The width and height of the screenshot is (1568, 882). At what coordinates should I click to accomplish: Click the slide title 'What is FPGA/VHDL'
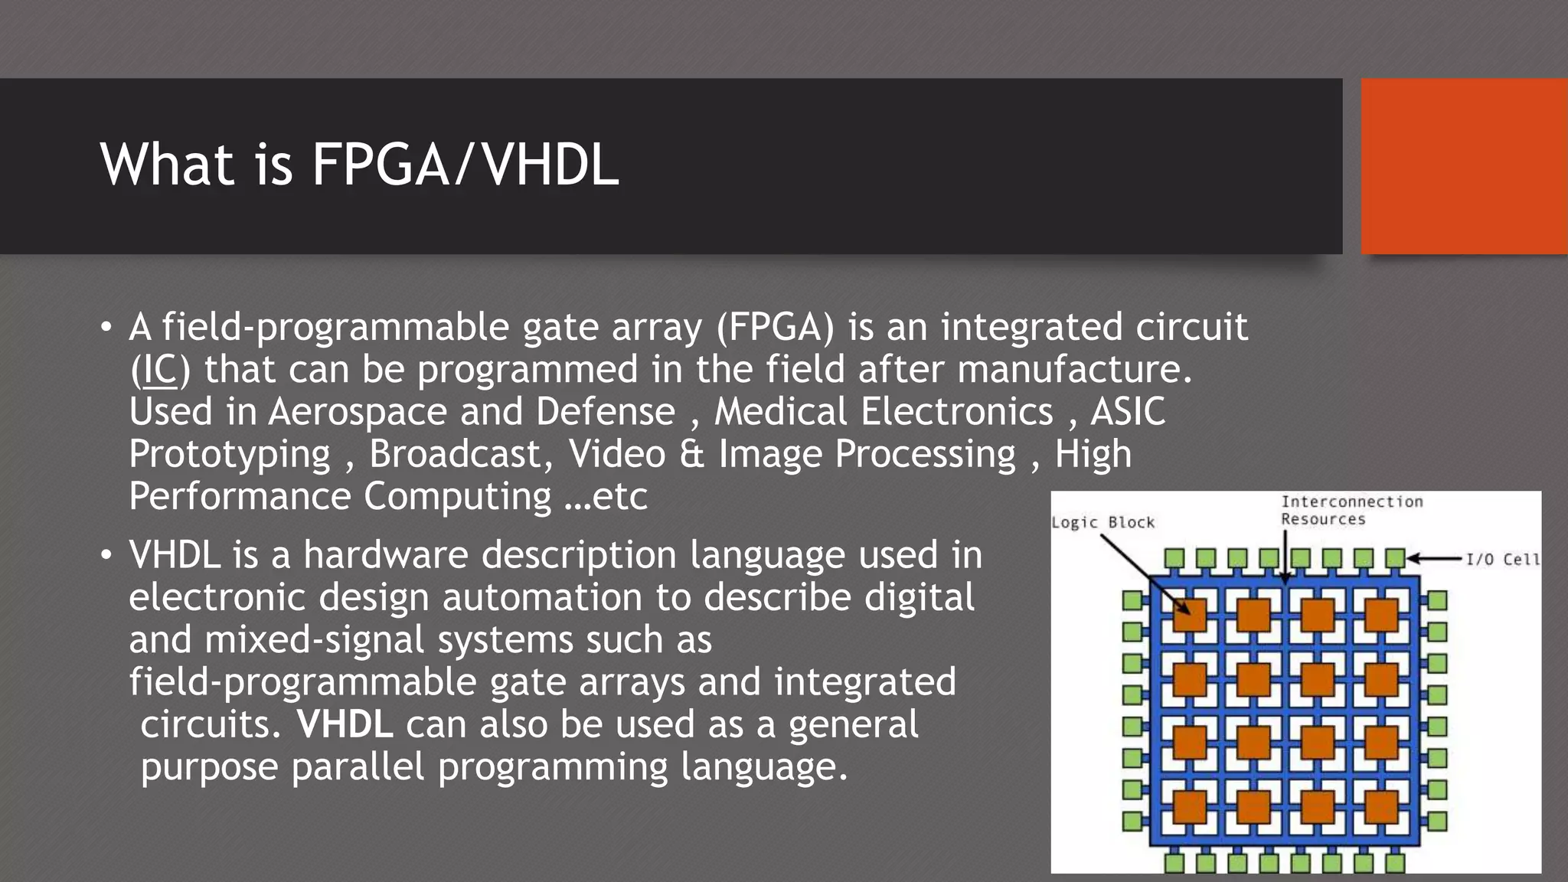[x=359, y=165]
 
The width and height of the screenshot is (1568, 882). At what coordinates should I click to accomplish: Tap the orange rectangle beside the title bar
[x=1464, y=166]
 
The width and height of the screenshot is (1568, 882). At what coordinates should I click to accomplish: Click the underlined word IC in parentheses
[x=160, y=370]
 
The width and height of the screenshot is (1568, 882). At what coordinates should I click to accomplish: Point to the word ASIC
[x=1128, y=412]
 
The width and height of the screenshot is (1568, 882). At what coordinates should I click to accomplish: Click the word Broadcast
[x=456, y=454]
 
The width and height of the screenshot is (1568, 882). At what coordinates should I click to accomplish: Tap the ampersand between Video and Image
[x=691, y=454]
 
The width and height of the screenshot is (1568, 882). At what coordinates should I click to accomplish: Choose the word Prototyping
[x=230, y=456]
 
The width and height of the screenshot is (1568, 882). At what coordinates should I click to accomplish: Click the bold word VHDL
[x=345, y=724]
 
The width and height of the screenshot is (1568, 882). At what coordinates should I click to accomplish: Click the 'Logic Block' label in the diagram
[x=1102, y=522]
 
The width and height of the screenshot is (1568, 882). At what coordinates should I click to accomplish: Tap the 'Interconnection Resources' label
[x=1351, y=510]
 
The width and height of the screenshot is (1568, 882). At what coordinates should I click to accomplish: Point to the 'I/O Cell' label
[x=1501, y=559]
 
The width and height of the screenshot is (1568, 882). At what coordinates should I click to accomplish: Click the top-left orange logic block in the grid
[x=1190, y=615]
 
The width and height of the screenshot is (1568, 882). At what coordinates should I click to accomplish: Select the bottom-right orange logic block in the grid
[x=1381, y=807]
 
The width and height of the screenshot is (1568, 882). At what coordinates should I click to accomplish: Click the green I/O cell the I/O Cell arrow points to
[x=1395, y=558]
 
